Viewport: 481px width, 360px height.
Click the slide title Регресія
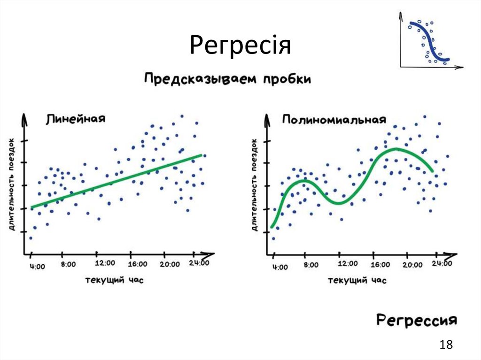[x=240, y=46]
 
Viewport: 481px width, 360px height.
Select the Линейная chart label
[x=76, y=119]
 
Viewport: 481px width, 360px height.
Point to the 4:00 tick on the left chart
[x=38, y=267]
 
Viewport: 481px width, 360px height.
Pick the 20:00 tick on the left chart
[x=169, y=264]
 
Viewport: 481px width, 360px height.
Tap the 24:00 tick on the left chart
[x=199, y=263]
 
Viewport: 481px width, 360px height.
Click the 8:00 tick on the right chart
[x=310, y=265]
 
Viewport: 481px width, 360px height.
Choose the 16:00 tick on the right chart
[x=380, y=265]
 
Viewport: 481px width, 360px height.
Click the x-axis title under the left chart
[x=114, y=280]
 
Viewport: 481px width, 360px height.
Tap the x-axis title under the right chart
[x=357, y=280]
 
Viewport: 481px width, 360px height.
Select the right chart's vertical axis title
[x=254, y=184]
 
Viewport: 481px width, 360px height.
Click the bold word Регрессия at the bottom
[x=416, y=321]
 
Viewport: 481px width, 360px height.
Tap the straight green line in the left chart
[x=117, y=181]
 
